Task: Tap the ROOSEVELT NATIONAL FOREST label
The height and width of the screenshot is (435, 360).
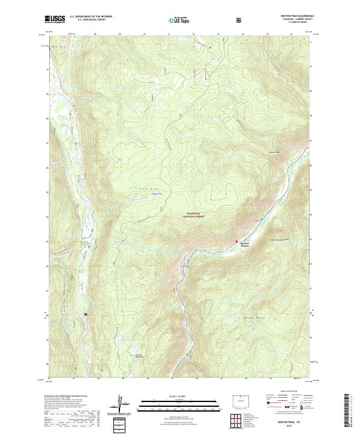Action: [x=194, y=215]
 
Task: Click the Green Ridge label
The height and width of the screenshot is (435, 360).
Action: [x=148, y=189]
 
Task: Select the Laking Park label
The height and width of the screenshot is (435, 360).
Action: [x=157, y=193]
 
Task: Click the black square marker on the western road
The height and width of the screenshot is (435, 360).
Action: [x=86, y=314]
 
